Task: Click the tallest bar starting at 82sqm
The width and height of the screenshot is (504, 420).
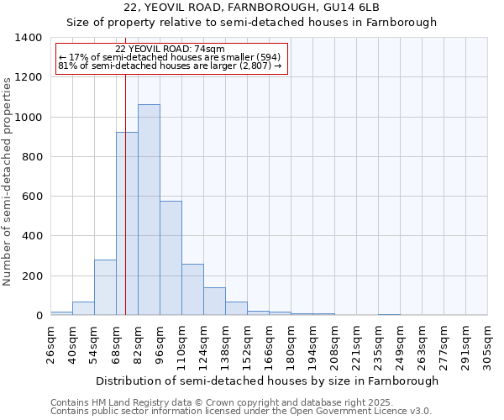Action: [149, 210]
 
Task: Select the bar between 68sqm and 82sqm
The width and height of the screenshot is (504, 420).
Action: [127, 223]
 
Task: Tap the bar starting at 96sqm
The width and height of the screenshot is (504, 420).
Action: [171, 258]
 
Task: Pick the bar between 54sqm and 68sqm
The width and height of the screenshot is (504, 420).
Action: [105, 287]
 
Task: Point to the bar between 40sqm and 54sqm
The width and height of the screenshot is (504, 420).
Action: [83, 308]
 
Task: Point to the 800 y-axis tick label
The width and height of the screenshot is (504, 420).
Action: [31, 157]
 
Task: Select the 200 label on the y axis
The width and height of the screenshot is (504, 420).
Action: [31, 276]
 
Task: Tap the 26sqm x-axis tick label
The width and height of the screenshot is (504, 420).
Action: [50, 344]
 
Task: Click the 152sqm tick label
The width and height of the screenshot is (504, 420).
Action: [247, 344]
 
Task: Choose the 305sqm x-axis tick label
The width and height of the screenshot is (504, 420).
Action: [487, 344]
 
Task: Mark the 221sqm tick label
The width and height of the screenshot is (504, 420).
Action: [356, 344]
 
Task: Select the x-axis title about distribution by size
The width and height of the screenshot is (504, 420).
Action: [267, 381]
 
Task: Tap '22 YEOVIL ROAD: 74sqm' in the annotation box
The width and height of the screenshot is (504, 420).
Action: [171, 50]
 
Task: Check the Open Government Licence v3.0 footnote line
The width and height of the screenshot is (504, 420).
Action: [240, 412]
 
